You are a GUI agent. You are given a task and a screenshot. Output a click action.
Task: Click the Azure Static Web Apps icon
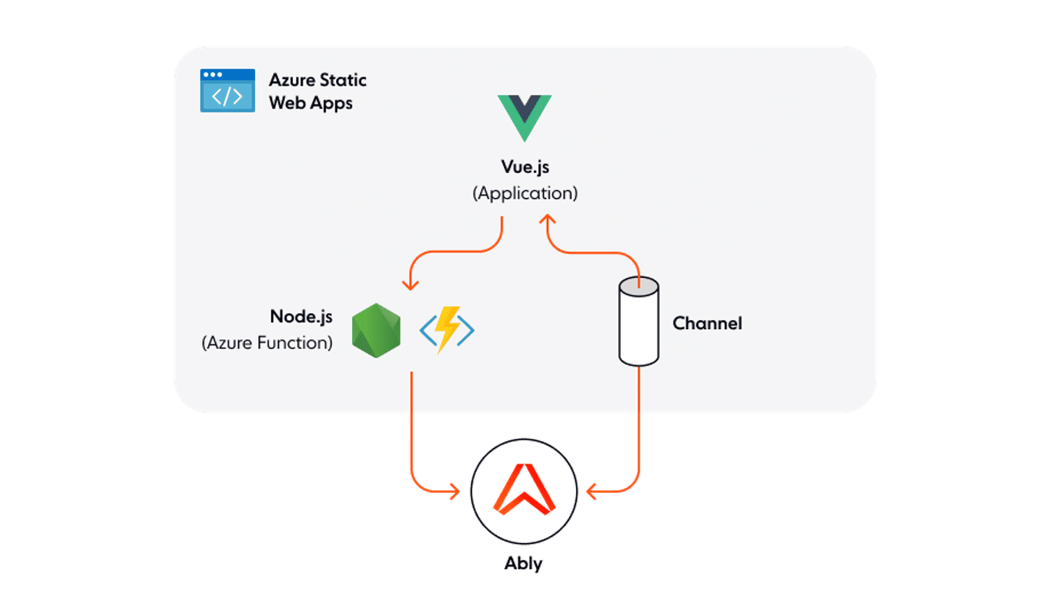227,91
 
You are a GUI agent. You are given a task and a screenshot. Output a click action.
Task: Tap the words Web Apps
310,103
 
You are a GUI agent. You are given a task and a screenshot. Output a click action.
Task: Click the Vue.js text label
525,167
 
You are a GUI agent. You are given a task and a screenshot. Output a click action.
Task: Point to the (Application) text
525,193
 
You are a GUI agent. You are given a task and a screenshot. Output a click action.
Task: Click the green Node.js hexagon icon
376,330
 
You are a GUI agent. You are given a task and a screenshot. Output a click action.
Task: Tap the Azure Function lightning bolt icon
447,330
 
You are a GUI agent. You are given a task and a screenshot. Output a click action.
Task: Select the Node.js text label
301,317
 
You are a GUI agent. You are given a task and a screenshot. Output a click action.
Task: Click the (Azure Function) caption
267,343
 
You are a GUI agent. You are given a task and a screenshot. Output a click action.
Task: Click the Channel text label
707,324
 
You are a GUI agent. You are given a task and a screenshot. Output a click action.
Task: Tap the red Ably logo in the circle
523,490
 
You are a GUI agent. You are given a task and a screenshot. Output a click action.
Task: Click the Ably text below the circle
523,563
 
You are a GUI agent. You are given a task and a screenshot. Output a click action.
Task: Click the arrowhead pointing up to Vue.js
548,220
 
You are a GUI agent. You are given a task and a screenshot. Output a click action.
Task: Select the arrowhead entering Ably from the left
454,492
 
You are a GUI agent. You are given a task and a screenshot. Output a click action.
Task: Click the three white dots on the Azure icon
213,75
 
